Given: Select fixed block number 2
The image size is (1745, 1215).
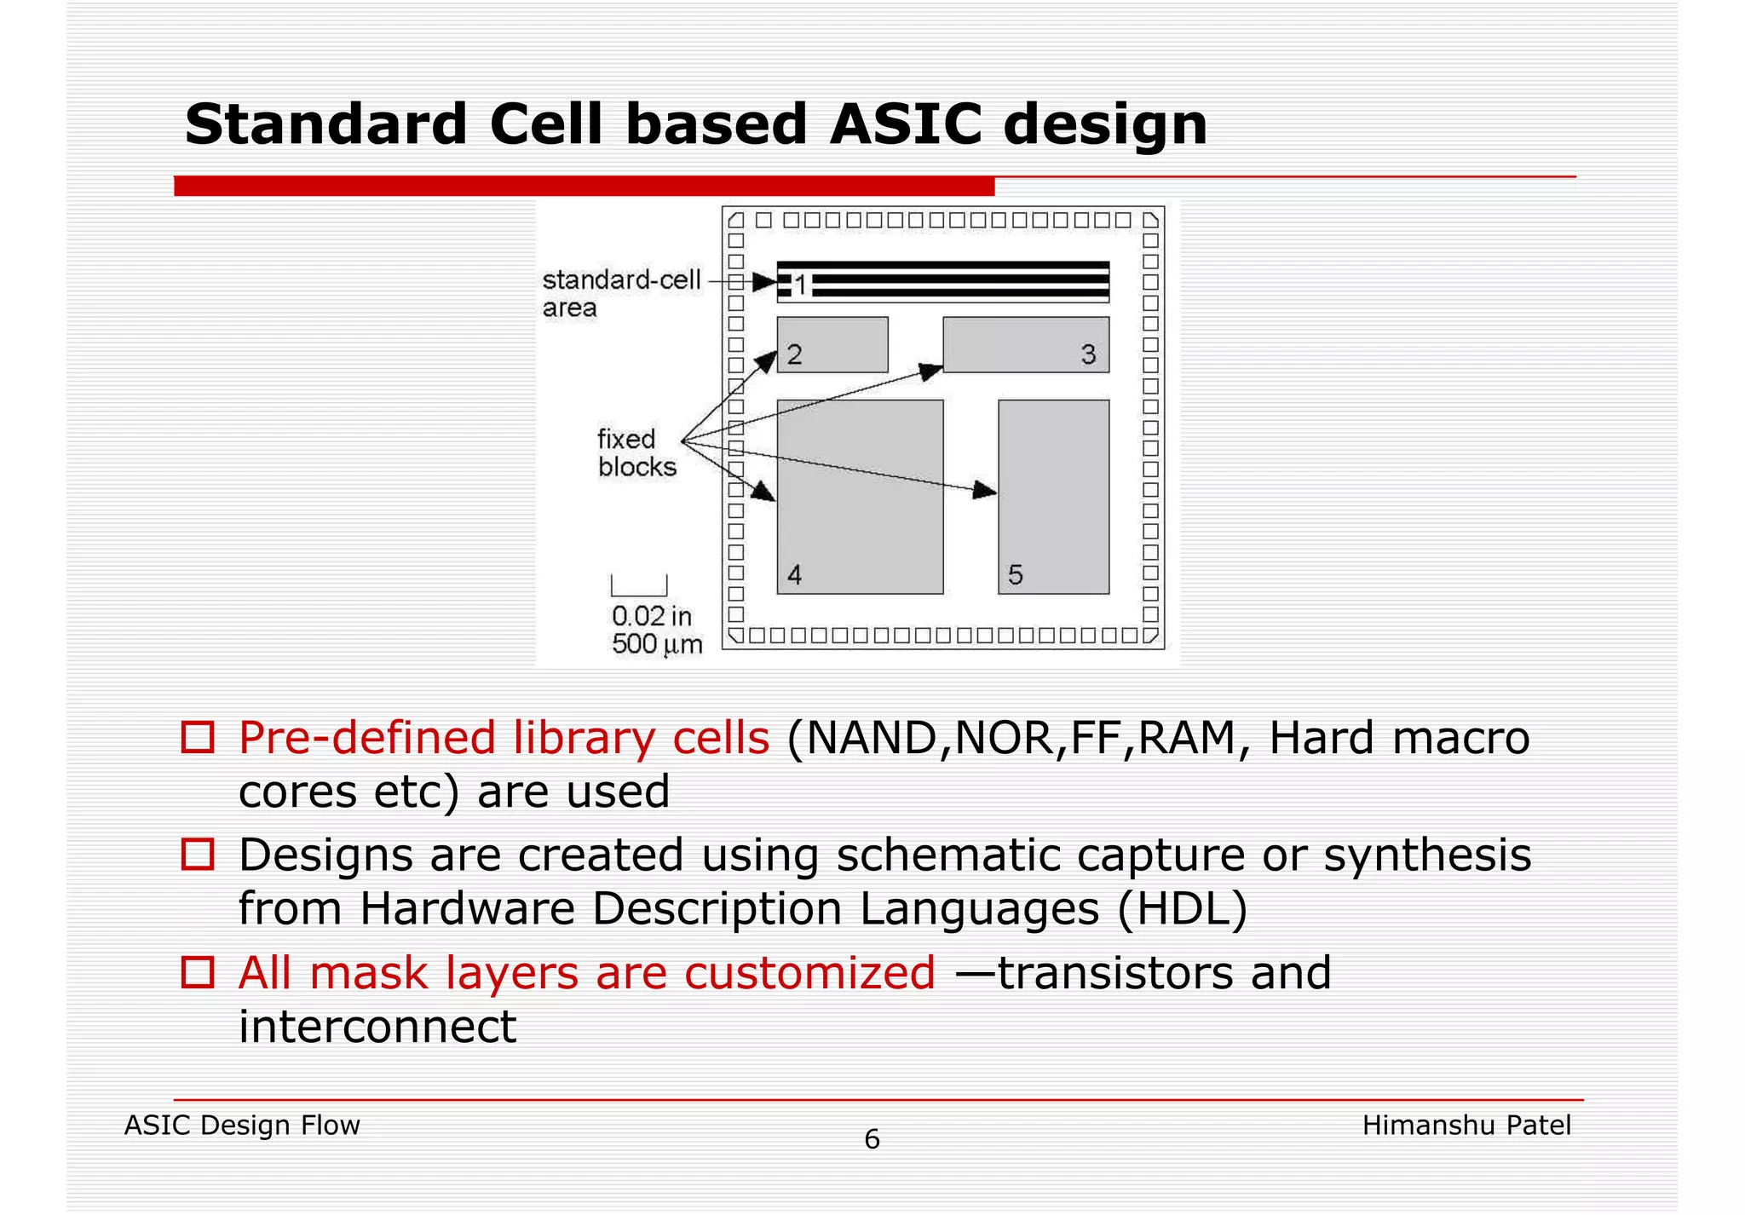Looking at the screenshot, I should coord(832,344).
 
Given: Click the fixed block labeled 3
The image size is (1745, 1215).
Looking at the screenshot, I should coord(1026,344).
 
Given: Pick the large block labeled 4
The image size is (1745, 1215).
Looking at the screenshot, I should coord(860,496).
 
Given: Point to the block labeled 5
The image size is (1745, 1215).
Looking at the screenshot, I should coord(1053,496).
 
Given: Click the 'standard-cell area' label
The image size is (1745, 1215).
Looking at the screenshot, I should coord(620,293).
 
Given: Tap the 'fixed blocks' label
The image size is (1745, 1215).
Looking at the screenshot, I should coord(636,452).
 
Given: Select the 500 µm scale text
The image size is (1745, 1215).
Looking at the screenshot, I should coord(656,644).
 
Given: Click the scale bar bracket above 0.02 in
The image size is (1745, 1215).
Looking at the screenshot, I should coord(639,586).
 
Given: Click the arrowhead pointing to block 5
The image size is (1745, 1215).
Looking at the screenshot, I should coord(985,490).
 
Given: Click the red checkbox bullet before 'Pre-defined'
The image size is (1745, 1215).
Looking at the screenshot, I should coord(198,737).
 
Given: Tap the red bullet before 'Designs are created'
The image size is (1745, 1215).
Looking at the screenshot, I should coord(198,854).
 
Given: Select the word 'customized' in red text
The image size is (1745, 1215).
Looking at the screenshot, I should coord(809,973).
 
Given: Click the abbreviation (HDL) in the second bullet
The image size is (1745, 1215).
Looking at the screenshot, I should coord(1182,908).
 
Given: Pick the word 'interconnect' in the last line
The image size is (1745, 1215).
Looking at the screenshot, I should coord(377,1027).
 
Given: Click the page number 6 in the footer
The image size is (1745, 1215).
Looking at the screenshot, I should coord(872,1139).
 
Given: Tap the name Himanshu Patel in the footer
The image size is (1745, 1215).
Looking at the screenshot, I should coord(1466,1126).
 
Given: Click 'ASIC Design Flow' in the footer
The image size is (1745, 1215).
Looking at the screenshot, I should coord(242,1126).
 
